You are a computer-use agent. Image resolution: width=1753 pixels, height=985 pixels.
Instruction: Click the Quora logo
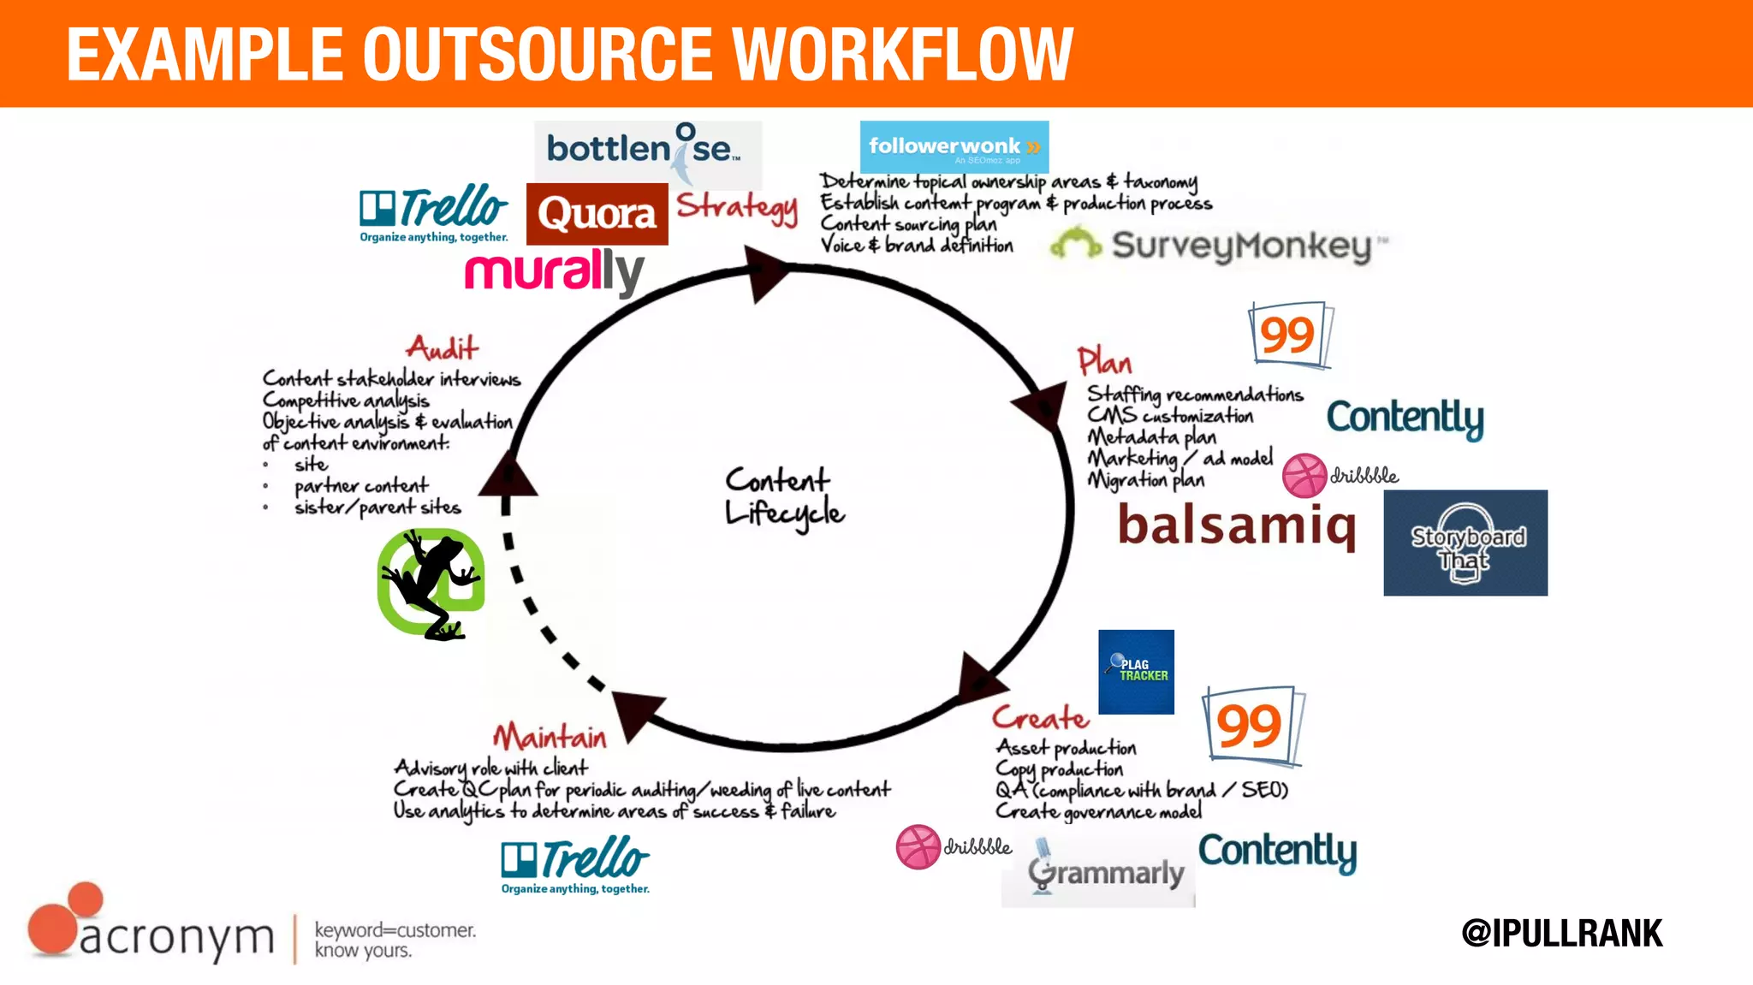597,214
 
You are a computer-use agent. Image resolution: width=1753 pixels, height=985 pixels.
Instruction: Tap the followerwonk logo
954,147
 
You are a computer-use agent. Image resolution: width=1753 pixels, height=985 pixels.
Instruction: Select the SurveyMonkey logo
1218,246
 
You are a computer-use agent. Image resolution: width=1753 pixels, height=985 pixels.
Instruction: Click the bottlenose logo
647,151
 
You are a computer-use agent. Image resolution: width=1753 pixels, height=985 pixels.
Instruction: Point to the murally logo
554,272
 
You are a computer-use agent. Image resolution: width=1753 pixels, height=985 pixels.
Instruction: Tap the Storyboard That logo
1465,543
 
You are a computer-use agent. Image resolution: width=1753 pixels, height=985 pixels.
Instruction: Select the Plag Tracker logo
1136,672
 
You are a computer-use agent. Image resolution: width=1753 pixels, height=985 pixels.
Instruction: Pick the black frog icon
431,584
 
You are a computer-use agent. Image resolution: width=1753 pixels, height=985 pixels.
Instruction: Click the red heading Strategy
737,208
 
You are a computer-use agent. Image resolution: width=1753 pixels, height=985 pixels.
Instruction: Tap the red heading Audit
442,347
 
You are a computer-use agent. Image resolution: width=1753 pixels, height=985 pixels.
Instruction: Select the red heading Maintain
550,736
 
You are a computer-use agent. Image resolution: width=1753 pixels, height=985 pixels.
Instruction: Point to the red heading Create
1040,717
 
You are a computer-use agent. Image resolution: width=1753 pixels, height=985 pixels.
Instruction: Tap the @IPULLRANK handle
1561,933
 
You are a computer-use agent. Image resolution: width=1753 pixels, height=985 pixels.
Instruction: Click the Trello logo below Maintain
575,864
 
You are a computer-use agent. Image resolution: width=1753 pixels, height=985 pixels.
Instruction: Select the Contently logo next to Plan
1405,418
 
